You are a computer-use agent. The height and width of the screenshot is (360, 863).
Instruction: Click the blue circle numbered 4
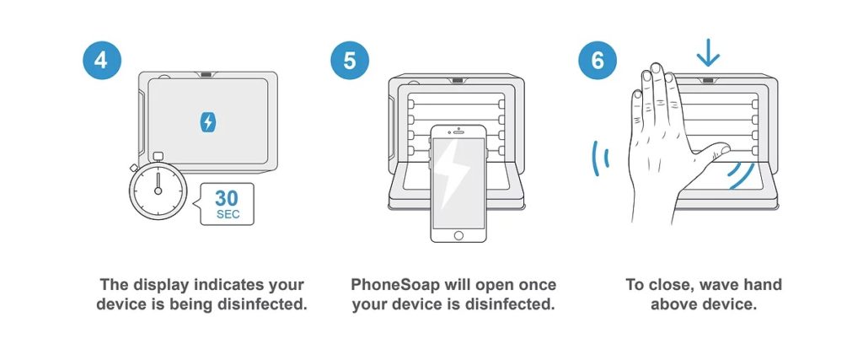click(x=101, y=60)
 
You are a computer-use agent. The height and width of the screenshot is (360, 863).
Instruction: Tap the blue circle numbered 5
click(x=350, y=60)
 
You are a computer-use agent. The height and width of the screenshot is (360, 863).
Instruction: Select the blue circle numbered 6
click(x=598, y=60)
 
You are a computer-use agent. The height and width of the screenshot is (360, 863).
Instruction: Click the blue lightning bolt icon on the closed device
click(x=207, y=122)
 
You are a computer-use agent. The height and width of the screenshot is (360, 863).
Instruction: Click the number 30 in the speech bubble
click(x=227, y=198)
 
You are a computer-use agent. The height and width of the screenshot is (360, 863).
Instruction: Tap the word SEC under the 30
click(x=228, y=215)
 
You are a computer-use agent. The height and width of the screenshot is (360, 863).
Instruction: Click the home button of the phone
click(x=458, y=235)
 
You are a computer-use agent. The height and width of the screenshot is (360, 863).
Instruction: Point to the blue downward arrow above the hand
click(x=708, y=53)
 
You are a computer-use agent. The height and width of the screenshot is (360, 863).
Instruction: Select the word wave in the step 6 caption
click(x=712, y=285)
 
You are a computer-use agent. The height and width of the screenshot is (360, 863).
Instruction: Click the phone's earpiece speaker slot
click(x=458, y=132)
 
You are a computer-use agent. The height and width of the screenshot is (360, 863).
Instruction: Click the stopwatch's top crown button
click(x=158, y=156)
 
